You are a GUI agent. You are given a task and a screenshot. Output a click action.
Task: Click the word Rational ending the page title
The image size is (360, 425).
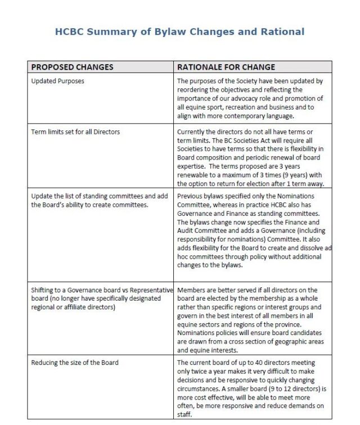click(281, 31)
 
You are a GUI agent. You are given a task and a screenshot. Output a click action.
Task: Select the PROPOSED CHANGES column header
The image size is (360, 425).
click(72, 67)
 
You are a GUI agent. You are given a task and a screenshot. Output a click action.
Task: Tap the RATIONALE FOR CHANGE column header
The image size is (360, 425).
click(226, 67)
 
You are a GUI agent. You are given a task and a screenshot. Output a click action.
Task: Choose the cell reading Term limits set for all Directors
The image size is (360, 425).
click(75, 132)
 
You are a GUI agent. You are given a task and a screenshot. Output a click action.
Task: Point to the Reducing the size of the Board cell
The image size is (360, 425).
click(75, 363)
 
